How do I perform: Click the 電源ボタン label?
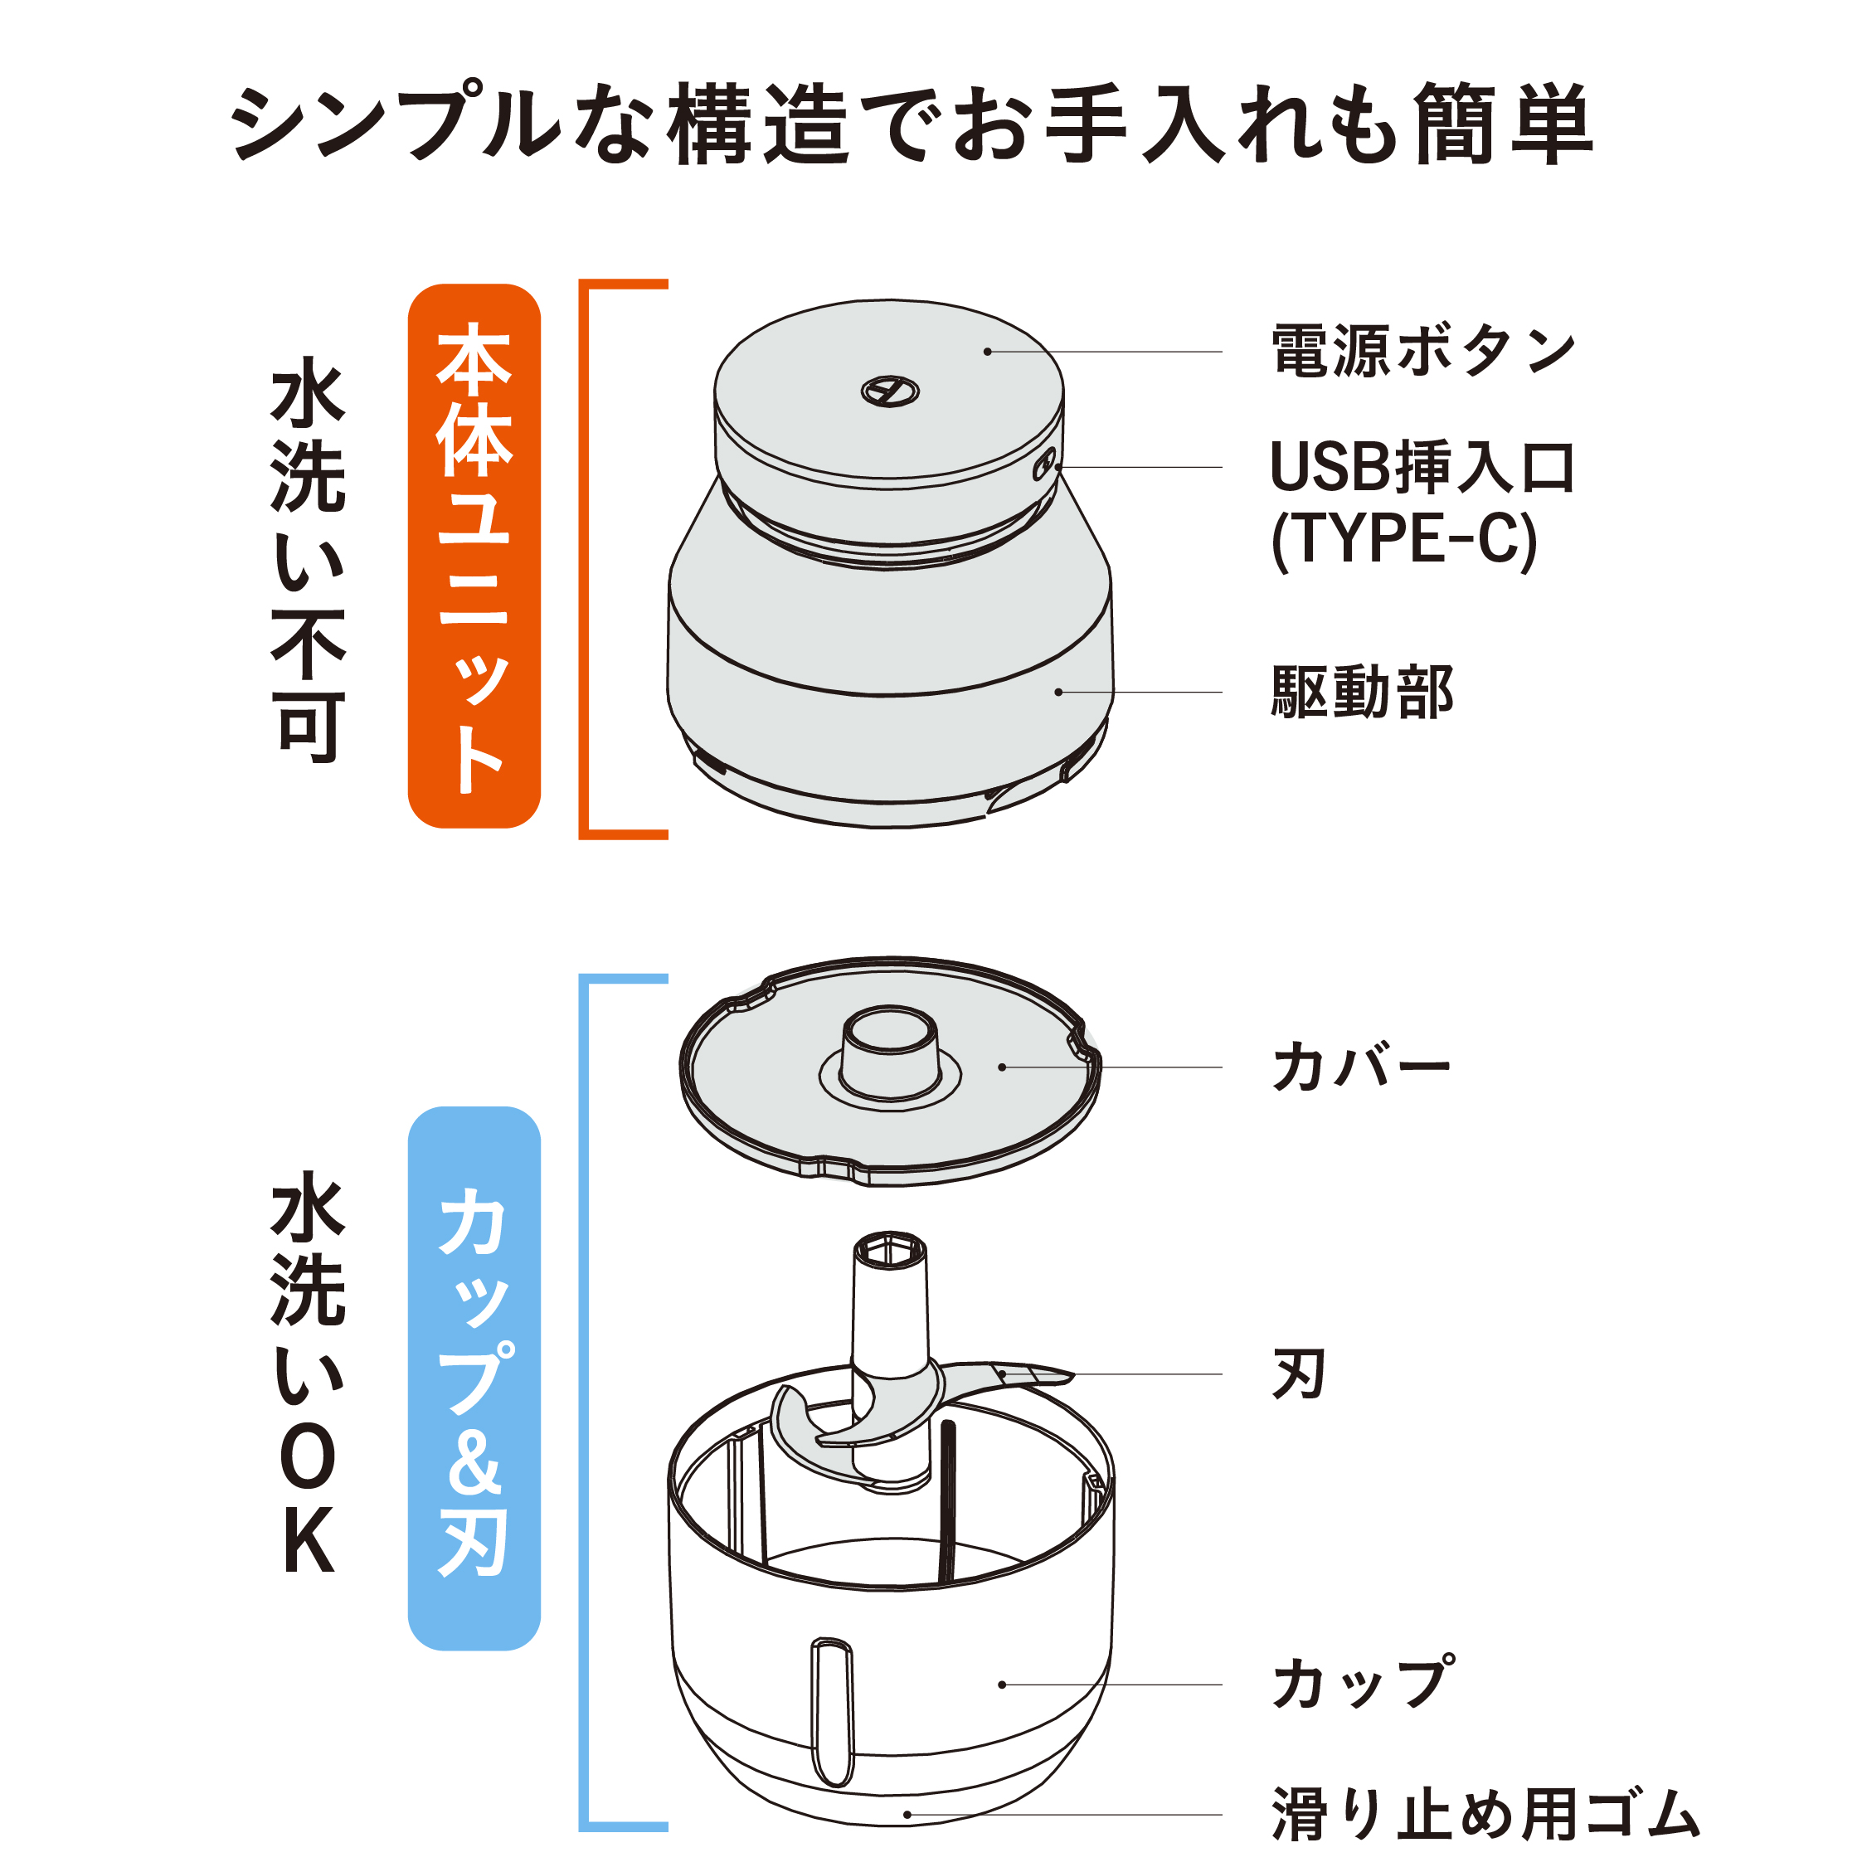(x=1422, y=352)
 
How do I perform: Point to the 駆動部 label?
(x=1363, y=692)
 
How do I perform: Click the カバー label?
(x=1360, y=1067)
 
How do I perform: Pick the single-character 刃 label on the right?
(x=1298, y=1374)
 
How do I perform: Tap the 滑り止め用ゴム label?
(x=1485, y=1815)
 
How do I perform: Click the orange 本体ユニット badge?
(x=474, y=557)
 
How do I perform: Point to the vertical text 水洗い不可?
(x=308, y=561)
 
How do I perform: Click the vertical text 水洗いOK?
(x=308, y=1372)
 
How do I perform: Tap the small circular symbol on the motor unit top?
(x=890, y=391)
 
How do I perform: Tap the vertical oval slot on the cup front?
(x=832, y=1711)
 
